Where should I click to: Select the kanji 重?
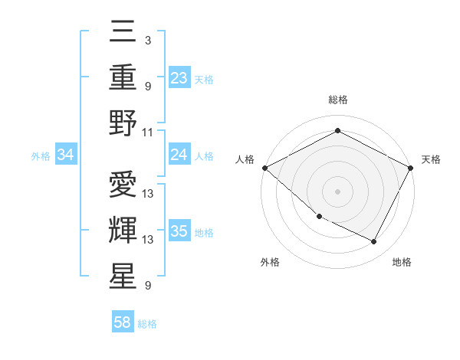click(x=123, y=77)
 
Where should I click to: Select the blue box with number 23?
click(x=179, y=77)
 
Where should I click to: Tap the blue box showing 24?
click(x=179, y=155)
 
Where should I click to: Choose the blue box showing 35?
click(x=179, y=232)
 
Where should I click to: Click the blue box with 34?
click(x=65, y=155)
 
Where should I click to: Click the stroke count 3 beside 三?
click(x=147, y=39)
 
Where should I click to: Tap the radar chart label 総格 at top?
click(x=337, y=100)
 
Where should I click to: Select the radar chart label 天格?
click(x=431, y=159)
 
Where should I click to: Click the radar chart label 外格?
click(x=270, y=262)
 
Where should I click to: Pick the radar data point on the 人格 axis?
click(x=264, y=168)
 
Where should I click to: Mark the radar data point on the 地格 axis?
click(x=374, y=242)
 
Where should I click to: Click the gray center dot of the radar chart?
click(x=337, y=191)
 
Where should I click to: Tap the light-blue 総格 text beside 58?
click(x=147, y=324)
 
